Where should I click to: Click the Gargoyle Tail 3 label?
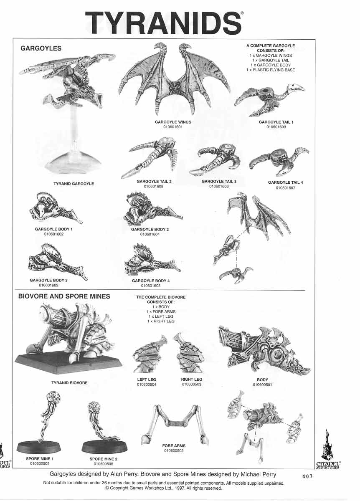219,182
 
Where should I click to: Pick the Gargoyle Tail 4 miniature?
279,161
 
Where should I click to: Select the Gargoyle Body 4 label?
150,281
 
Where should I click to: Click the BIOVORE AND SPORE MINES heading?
64,296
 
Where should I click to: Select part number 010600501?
263,385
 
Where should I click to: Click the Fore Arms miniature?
174,424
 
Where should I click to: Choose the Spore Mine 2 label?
104,459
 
